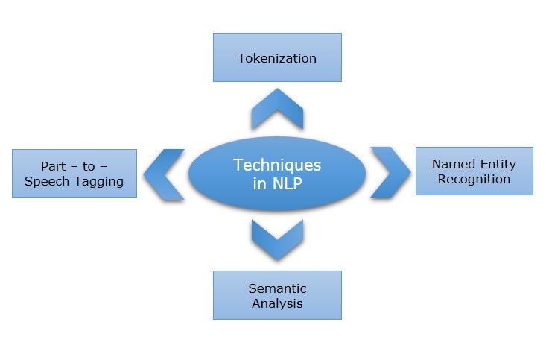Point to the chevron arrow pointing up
pos(277,108)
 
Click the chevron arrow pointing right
pos(390,171)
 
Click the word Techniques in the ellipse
pos(277,165)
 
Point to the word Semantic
pos(277,288)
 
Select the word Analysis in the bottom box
pos(277,303)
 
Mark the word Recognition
pos(474,179)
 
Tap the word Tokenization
pos(277,57)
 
